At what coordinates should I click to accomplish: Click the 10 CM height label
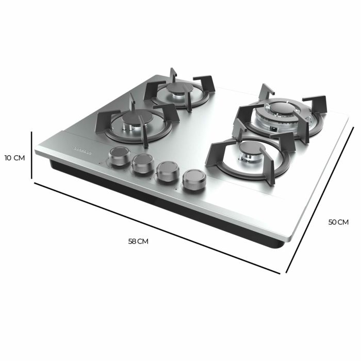click(x=14, y=157)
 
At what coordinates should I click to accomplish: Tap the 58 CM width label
click(x=139, y=241)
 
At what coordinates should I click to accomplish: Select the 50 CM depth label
click(x=338, y=222)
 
